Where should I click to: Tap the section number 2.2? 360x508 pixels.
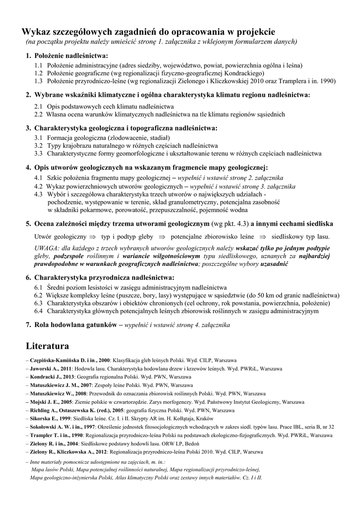pos(39,114)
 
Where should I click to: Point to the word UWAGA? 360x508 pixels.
pos(47,248)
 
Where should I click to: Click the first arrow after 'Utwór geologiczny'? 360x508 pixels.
pos(92,237)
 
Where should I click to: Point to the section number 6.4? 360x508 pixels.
pos(39,312)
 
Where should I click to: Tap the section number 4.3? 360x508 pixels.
pos(39,194)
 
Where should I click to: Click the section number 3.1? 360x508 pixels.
pos(39,137)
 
